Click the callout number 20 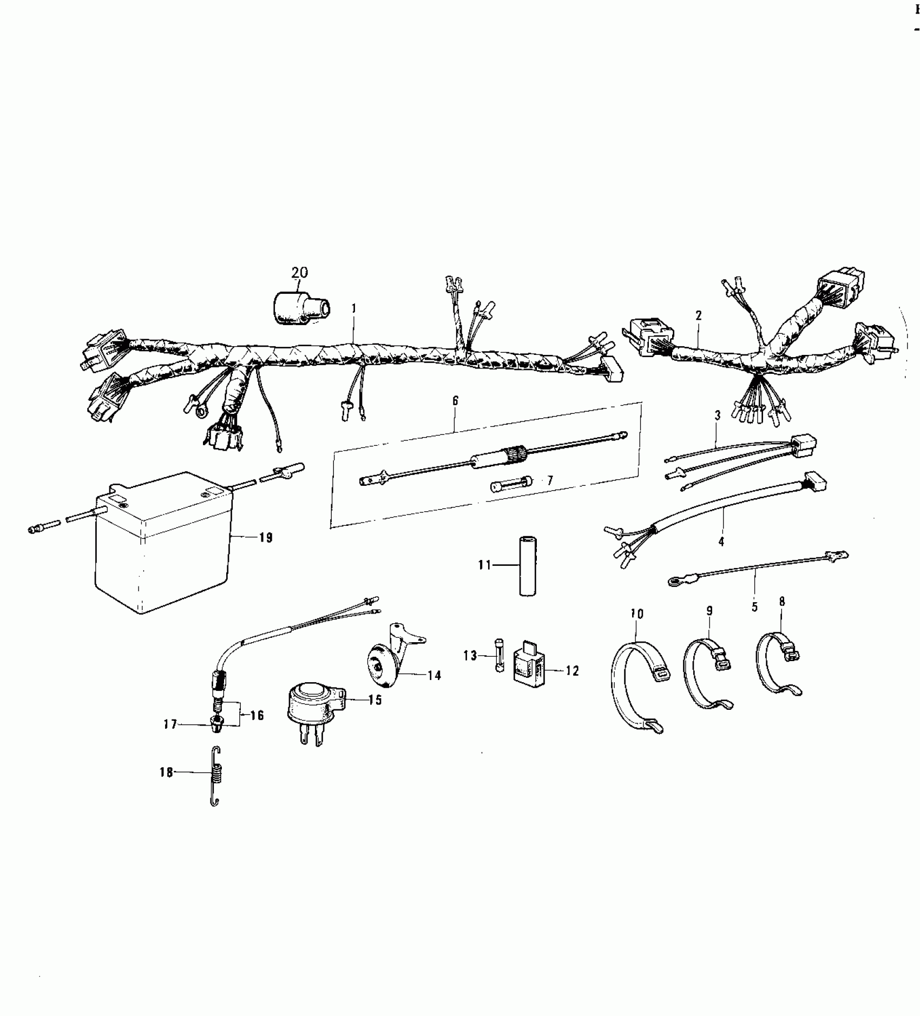tap(299, 273)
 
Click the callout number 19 tap(265, 538)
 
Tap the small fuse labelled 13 tap(498, 656)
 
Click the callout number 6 tap(455, 401)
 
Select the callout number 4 tap(721, 541)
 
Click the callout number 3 tap(718, 416)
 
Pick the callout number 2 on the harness tap(699, 315)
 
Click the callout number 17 tap(170, 724)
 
